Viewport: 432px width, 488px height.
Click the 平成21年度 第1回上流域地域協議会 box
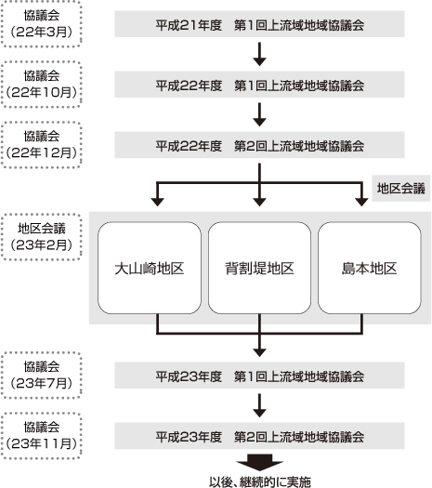pos(259,22)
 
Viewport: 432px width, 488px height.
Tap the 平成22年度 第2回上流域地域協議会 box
pos(259,146)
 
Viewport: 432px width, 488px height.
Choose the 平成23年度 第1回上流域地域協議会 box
pos(259,376)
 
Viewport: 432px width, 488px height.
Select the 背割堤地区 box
pos(259,268)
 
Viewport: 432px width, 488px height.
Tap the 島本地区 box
pos(371,268)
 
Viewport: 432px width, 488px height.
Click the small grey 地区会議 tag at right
pos(400,189)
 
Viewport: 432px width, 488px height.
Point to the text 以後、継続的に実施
pos(259,481)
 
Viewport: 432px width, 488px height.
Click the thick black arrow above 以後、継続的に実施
pos(259,462)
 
